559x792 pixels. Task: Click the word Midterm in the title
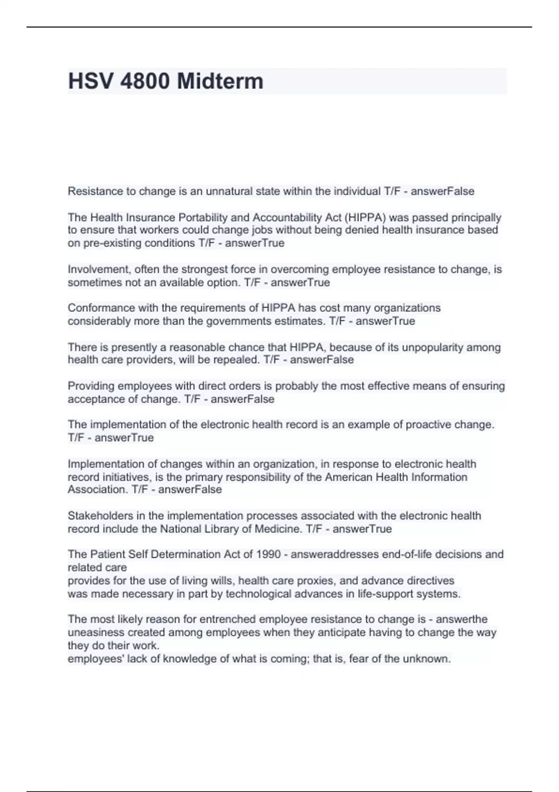220,81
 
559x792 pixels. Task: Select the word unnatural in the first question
228,191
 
